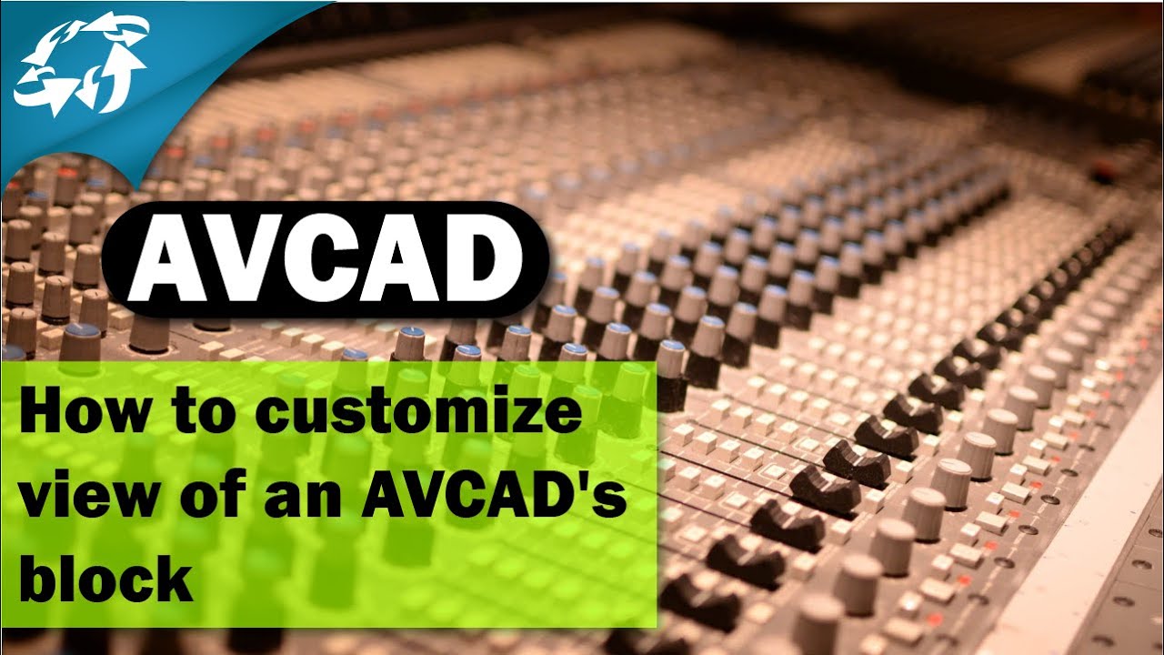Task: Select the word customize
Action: click(x=418, y=415)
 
